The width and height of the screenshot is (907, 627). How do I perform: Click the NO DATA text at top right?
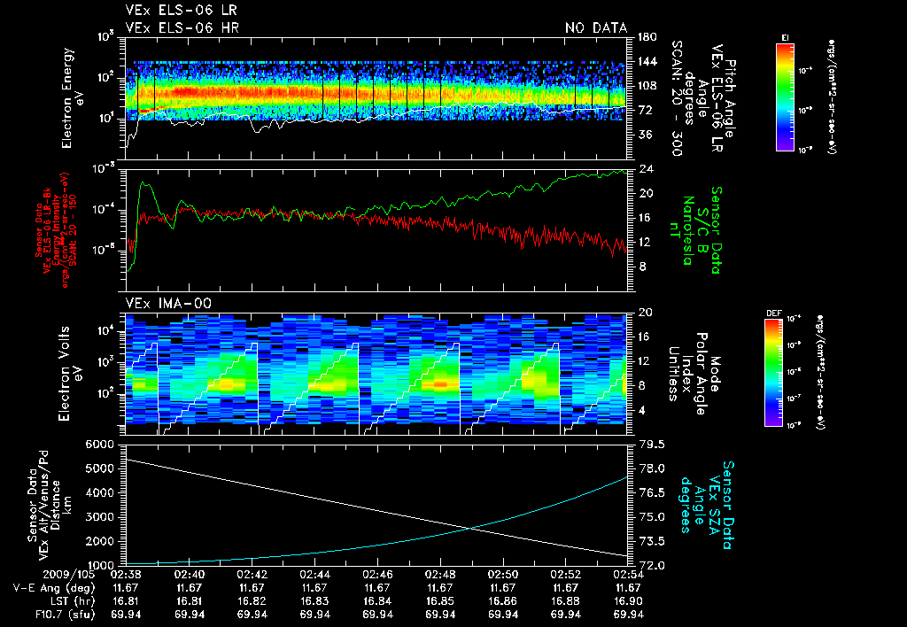coord(595,28)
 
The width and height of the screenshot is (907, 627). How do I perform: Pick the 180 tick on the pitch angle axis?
coord(644,37)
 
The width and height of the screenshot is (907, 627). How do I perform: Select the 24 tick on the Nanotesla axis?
coord(645,168)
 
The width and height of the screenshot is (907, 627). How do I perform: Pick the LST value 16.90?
coord(628,600)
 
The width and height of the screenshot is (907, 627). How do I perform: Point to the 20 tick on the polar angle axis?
coord(643,313)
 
